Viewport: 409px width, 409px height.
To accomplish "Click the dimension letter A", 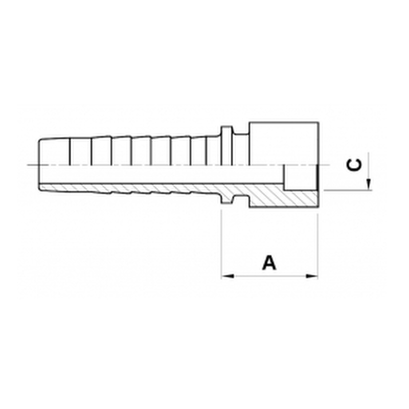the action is click(x=269, y=263).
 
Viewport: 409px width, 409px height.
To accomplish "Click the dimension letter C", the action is click(x=354, y=165).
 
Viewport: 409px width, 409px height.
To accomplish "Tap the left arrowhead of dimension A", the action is click(x=228, y=276).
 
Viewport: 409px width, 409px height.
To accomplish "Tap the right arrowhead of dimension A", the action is click(x=312, y=276).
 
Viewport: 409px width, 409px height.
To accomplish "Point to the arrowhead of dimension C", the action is click(x=368, y=184).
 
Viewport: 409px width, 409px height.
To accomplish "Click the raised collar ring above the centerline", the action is click(x=226, y=146).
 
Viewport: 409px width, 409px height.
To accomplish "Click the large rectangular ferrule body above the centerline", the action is click(x=284, y=143).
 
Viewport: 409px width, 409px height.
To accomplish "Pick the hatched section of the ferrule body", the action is click(x=284, y=199).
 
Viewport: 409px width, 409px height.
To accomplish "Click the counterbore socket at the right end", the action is click(x=301, y=177).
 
